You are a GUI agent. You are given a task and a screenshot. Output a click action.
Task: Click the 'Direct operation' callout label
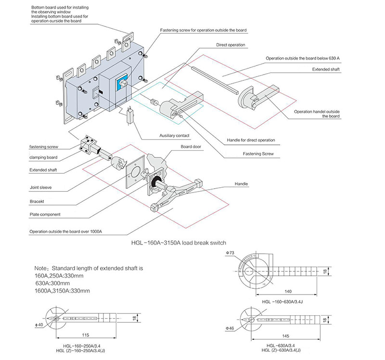point(231,45)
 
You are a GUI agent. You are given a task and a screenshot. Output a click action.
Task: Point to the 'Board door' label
point(191,147)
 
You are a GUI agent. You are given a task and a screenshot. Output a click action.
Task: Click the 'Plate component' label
point(45,215)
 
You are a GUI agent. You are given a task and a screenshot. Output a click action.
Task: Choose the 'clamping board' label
point(44,157)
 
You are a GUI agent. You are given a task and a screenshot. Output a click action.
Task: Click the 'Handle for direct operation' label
point(251,140)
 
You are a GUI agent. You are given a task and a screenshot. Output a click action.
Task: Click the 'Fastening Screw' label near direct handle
point(258,154)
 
